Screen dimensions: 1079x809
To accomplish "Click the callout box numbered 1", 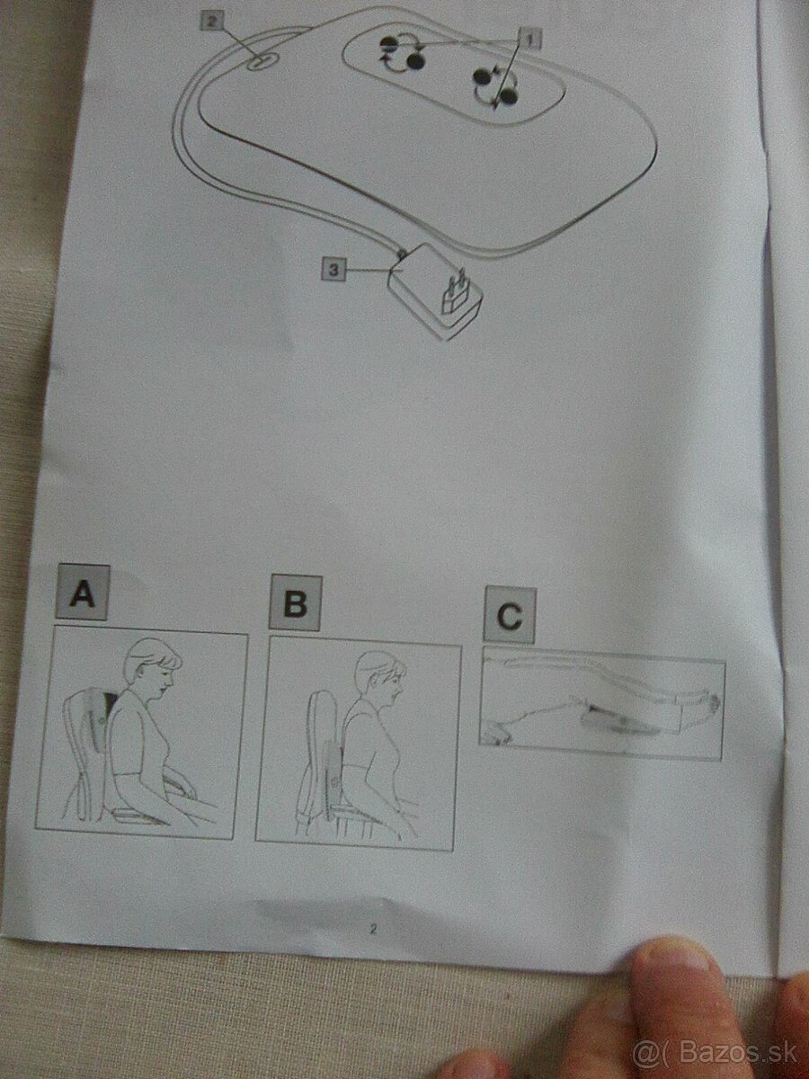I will click(x=530, y=39).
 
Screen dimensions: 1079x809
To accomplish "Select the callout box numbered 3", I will click(x=333, y=269).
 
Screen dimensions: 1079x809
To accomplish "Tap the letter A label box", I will click(x=83, y=593).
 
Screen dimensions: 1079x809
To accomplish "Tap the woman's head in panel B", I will click(x=378, y=679).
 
